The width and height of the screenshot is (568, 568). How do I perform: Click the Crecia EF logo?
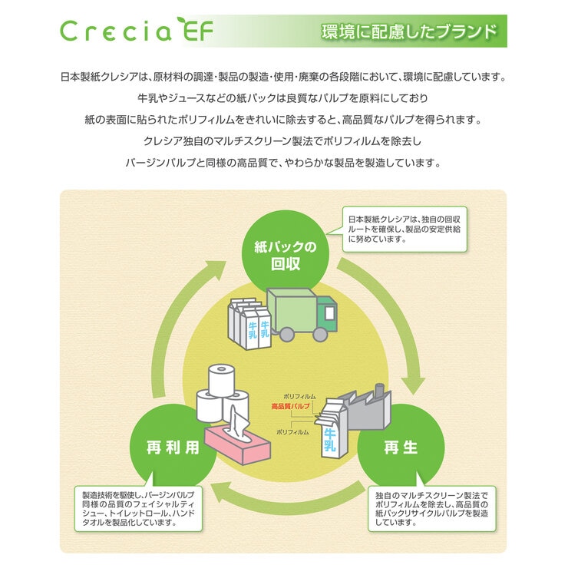pyautogui.click(x=137, y=31)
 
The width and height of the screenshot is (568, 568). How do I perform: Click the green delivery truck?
pyautogui.click(x=302, y=312)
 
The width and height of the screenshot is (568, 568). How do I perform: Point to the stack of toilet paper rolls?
pyautogui.click(x=222, y=395)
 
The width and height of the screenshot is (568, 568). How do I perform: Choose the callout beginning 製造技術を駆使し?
pyautogui.click(x=138, y=507)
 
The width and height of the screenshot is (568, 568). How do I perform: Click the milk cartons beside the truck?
pyautogui.click(x=249, y=323)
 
